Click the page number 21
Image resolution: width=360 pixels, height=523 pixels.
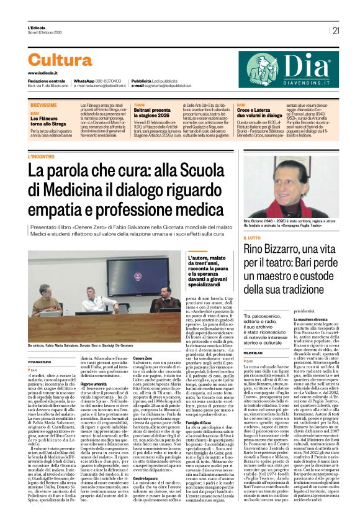click(x=336, y=30)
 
